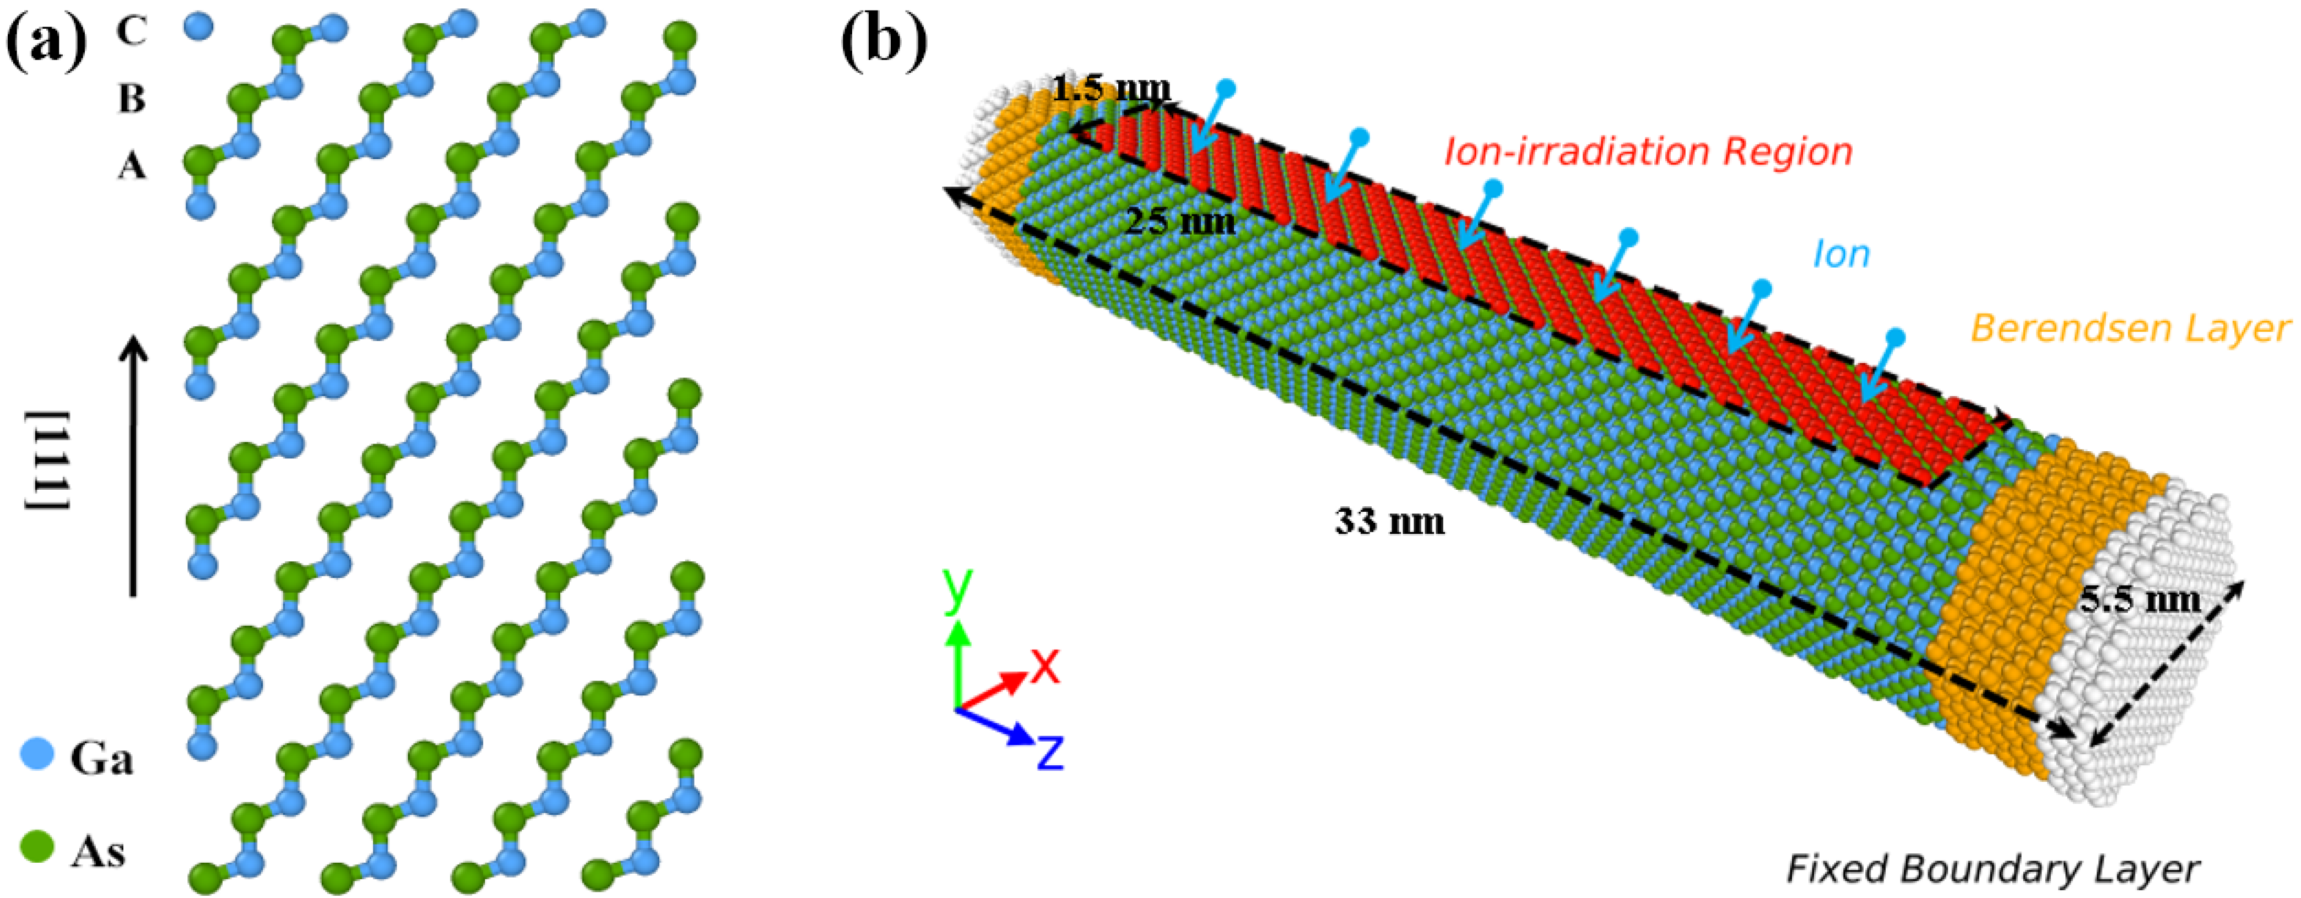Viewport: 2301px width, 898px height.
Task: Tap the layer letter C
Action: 131,31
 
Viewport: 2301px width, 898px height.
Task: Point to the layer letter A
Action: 131,165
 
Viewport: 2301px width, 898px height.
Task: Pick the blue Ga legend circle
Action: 36,756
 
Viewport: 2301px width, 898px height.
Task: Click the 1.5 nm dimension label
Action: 1111,89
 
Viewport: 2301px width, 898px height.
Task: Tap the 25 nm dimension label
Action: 1179,220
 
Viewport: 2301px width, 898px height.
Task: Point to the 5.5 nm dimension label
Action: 2140,599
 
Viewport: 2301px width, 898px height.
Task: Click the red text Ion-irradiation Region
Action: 1648,152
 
